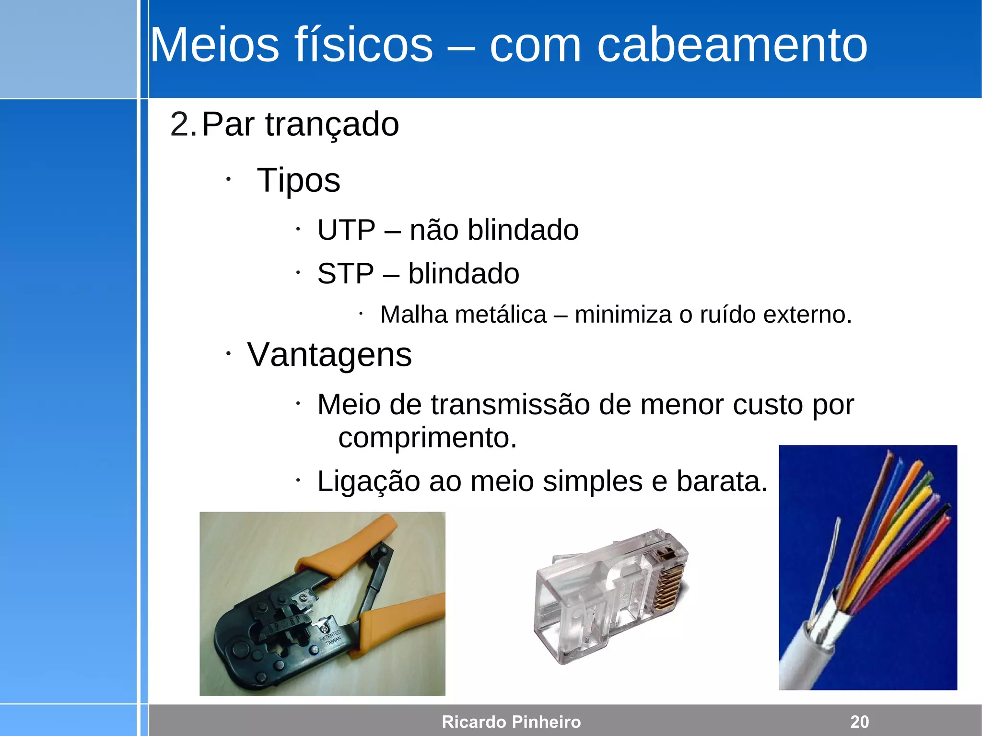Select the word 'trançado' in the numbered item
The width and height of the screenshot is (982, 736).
click(332, 125)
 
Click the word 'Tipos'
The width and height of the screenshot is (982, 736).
click(298, 180)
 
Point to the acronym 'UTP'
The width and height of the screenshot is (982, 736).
click(346, 230)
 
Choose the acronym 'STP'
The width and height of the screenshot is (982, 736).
click(345, 274)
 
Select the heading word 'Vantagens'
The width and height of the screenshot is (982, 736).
click(329, 355)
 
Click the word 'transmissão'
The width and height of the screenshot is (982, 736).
click(510, 405)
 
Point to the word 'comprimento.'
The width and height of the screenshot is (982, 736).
click(428, 438)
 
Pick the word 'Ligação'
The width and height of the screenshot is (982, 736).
click(368, 481)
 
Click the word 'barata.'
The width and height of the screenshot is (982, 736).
click(722, 481)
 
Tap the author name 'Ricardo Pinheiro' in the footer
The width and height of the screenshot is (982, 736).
click(511, 722)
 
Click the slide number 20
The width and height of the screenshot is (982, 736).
click(859, 722)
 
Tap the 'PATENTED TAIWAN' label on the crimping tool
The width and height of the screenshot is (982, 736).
click(330, 638)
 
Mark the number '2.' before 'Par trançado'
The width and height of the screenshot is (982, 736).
click(183, 125)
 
